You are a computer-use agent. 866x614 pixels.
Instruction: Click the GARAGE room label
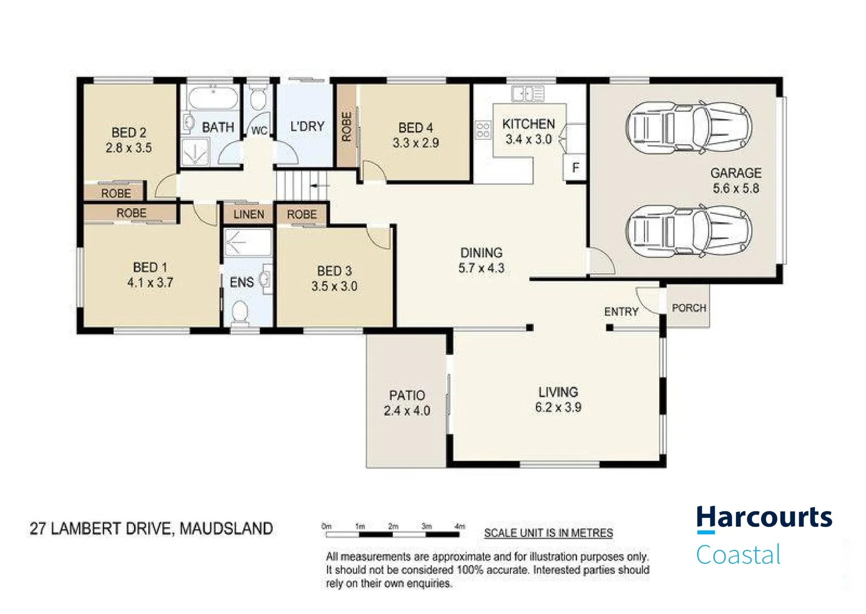[735, 173]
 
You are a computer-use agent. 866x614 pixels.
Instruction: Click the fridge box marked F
[575, 168]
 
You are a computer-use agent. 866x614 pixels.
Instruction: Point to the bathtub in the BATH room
[212, 98]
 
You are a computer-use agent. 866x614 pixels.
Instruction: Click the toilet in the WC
[258, 99]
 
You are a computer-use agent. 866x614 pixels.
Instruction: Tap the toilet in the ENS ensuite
[241, 312]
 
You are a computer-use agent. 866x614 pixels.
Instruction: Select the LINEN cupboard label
[248, 214]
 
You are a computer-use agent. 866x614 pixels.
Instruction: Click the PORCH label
[688, 308]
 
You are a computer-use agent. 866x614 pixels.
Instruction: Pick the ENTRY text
[621, 312]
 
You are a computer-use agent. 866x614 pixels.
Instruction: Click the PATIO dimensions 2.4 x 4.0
[407, 410]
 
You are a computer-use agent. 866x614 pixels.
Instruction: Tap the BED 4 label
[415, 128]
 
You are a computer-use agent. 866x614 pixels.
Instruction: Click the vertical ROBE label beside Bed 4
[346, 126]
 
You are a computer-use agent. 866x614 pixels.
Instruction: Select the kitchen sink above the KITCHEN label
[528, 94]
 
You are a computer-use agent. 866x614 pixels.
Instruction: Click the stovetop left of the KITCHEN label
[483, 130]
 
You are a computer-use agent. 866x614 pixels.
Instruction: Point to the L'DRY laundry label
[307, 126]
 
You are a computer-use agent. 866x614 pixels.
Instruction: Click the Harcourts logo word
[764, 518]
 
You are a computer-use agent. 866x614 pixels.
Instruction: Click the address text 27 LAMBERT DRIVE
[100, 529]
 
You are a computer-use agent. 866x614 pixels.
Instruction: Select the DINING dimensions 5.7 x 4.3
[481, 268]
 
